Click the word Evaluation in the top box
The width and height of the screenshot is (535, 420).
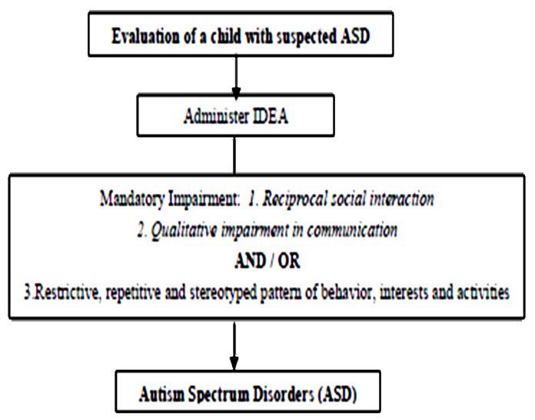[145, 36]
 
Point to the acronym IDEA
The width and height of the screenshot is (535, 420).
[271, 116]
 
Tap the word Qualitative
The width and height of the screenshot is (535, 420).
[184, 230]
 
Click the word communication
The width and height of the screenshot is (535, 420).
[352, 230]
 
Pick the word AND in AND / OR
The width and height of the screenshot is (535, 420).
[250, 262]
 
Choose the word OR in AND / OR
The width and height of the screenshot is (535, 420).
[289, 262]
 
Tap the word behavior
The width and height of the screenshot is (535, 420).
[344, 292]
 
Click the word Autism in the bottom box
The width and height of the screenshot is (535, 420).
[161, 395]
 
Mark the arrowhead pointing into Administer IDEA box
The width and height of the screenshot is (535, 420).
[236, 93]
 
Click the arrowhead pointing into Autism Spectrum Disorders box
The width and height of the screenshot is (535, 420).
[234, 363]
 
